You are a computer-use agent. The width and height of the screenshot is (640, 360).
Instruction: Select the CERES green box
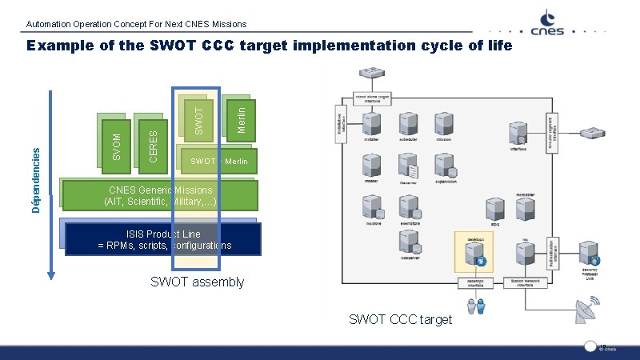point(154,143)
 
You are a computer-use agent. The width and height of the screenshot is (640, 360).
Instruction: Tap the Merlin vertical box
point(242,117)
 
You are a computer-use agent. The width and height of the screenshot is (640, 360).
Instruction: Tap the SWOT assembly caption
point(198,282)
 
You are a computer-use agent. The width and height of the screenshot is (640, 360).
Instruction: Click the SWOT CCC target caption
point(400,320)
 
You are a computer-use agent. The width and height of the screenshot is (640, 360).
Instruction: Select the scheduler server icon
point(408,123)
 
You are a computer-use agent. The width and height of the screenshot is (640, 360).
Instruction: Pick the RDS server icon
point(495,210)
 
